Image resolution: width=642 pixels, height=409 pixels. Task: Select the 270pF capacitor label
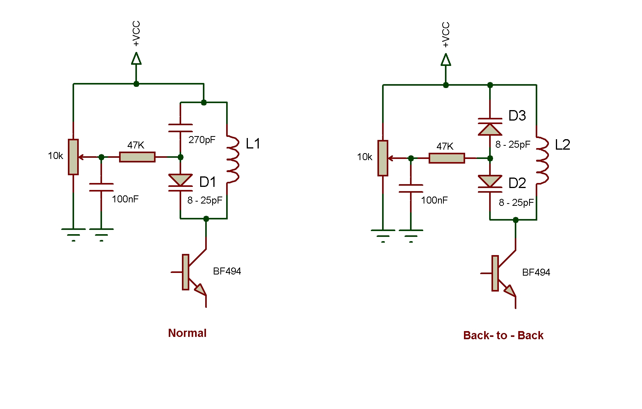pos(202,140)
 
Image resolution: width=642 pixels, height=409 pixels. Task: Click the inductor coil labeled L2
pos(542,160)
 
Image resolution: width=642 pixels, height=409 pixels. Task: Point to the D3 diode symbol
pos(490,126)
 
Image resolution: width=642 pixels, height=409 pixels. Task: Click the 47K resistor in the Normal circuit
pos(137,157)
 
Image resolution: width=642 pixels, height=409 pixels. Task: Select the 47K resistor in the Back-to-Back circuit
pos(446,158)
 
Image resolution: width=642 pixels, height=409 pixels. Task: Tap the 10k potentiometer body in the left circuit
pos(73,157)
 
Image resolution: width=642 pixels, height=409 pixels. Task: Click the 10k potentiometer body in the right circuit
pos(383,158)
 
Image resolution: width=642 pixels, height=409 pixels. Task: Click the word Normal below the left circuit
pos(187,333)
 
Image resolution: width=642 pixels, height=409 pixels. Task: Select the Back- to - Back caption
pos(503,335)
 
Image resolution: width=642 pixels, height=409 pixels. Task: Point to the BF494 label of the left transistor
pos(227,271)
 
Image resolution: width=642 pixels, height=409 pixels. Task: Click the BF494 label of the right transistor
pos(536,273)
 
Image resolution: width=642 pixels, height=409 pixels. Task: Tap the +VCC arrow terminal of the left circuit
pos(136,59)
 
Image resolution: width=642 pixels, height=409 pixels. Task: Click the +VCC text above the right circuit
pos(446,35)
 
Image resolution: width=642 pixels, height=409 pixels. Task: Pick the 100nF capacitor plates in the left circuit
pos(101,187)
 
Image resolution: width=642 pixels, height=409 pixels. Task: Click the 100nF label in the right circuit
pos(434,200)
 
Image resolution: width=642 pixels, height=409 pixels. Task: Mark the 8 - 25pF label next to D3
pos(512,145)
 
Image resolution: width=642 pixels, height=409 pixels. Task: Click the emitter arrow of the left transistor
pos(200,290)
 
